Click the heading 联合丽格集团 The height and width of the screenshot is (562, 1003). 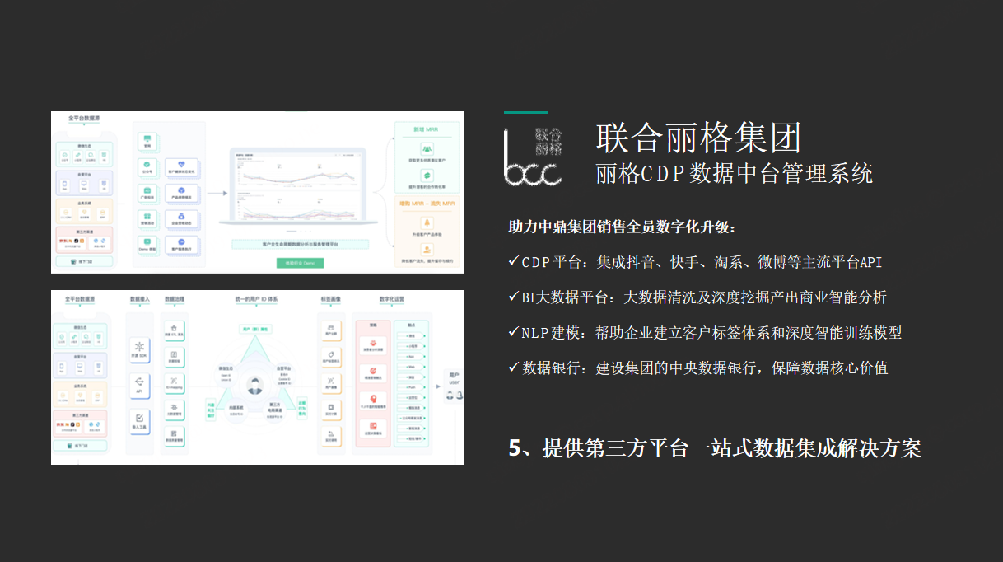[x=698, y=138]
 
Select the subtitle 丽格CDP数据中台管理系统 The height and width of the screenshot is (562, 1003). [x=734, y=174]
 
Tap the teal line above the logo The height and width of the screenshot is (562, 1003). [x=525, y=112]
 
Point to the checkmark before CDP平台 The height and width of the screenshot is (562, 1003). [x=513, y=261]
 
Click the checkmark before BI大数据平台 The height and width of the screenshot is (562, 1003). [x=513, y=297]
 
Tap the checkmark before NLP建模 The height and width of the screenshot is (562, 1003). [x=513, y=332]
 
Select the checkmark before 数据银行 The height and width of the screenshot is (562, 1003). [x=513, y=368]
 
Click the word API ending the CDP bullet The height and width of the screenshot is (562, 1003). [x=871, y=262]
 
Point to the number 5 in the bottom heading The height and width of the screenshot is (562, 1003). [x=515, y=448]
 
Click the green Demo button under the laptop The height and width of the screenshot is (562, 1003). [x=300, y=263]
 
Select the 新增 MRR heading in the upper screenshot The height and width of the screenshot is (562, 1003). [x=425, y=129]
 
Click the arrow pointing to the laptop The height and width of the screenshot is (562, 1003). [x=217, y=194]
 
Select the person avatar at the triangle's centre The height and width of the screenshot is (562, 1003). [x=255, y=384]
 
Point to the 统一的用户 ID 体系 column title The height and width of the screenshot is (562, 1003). [x=255, y=298]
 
